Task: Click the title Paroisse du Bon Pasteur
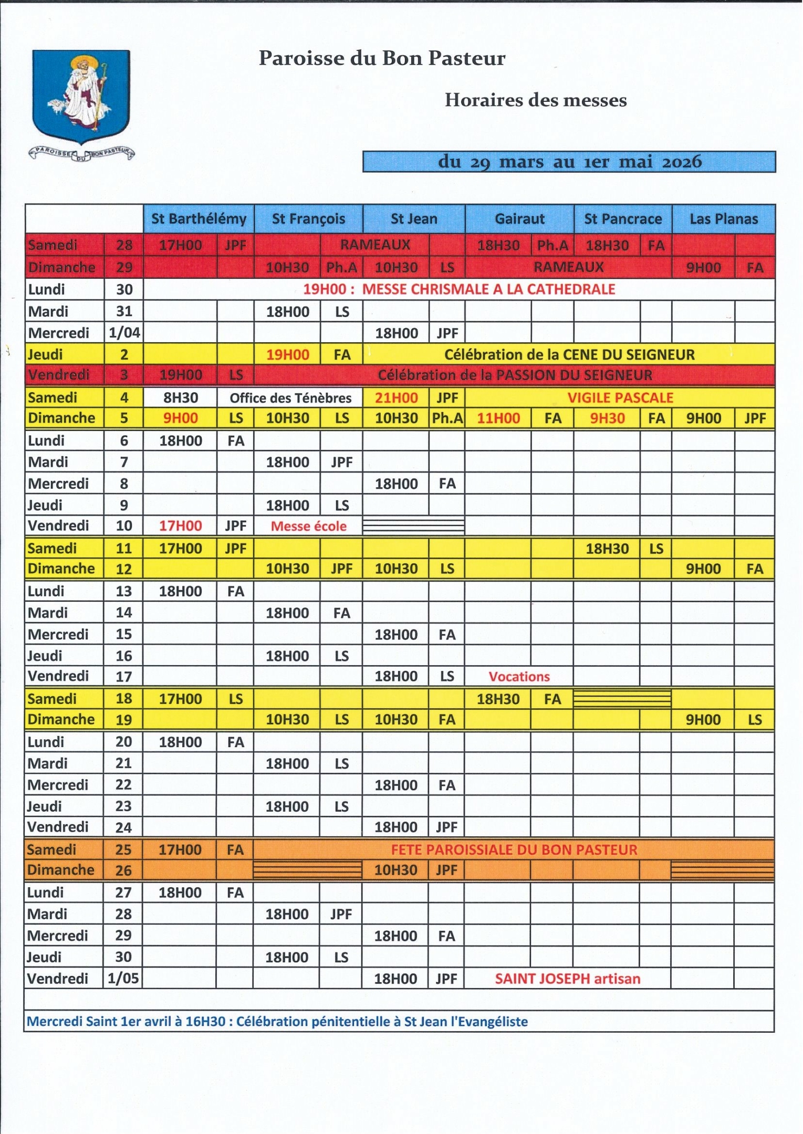382,58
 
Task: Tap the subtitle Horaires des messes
535,100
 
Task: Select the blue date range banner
569,162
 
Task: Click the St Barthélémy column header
199,219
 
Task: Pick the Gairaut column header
519,219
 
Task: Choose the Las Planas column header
723,219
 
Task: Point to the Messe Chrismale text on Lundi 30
459,289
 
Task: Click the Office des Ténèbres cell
290,398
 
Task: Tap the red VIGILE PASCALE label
620,397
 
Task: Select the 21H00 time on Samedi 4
396,398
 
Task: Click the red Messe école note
308,526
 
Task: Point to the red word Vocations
519,677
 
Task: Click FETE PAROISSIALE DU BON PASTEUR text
514,849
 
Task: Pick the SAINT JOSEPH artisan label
567,979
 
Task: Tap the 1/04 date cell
124,333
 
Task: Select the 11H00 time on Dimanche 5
498,418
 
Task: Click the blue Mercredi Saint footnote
277,1021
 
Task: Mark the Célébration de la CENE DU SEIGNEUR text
569,355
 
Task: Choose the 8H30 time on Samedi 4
180,398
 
